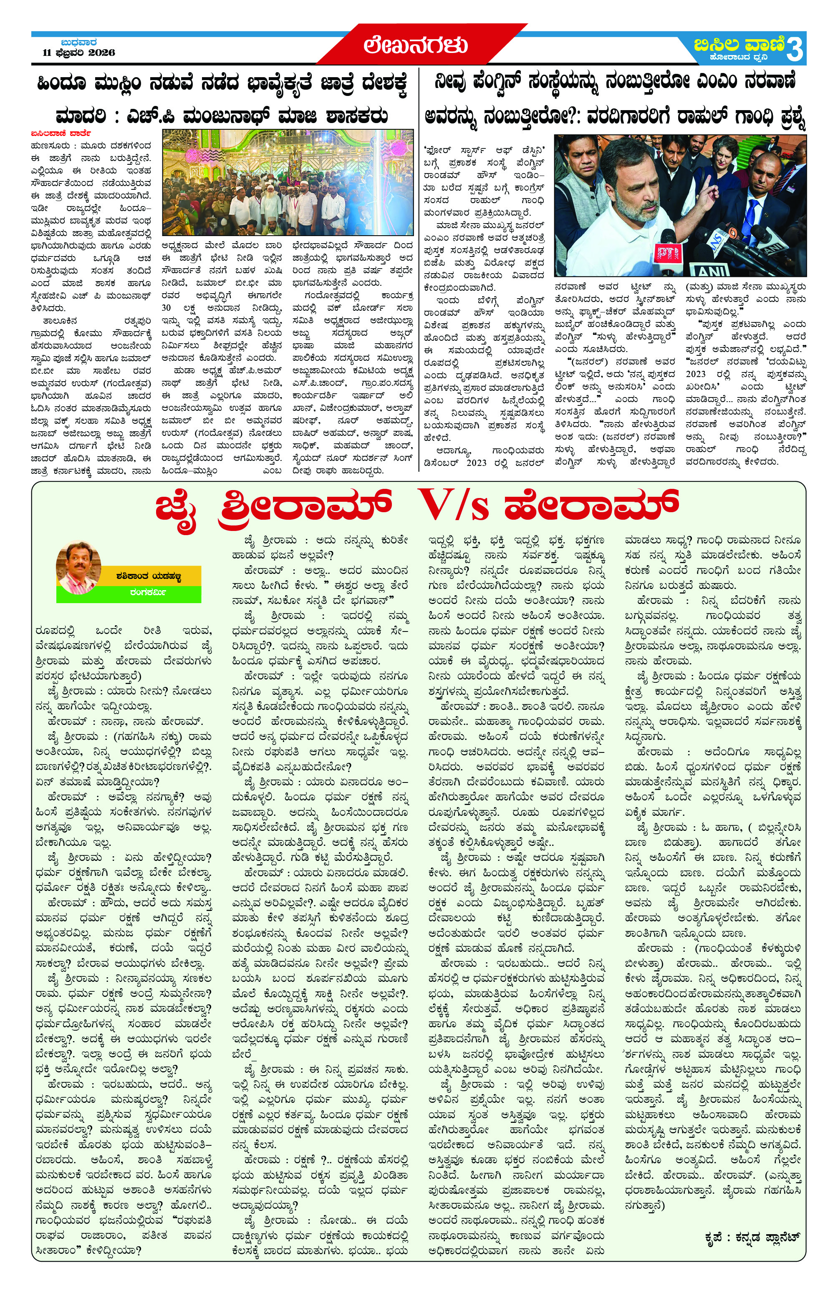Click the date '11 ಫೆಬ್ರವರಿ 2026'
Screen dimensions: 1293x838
pos(79,53)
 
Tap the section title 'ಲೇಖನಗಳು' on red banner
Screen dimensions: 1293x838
pos(415,45)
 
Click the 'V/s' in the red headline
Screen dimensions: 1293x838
pos(448,505)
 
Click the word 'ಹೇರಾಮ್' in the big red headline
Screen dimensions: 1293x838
pos(591,505)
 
